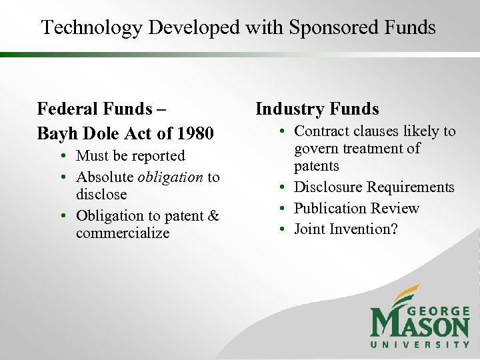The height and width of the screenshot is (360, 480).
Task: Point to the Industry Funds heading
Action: tap(317, 109)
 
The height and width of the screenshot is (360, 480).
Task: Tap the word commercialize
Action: tap(123, 233)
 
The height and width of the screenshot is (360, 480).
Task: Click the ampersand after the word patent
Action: tap(213, 216)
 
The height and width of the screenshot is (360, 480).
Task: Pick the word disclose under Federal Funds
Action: tap(101, 195)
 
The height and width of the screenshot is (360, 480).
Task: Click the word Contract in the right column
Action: tap(321, 131)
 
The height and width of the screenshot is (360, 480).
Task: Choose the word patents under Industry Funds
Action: tap(317, 166)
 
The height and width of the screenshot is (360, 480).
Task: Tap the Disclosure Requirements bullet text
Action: tap(374, 187)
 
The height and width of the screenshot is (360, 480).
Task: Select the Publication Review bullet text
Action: tap(357, 209)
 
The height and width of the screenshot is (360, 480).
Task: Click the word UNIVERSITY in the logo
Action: tap(421, 344)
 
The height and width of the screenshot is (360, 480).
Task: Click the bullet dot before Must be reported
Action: tap(61, 157)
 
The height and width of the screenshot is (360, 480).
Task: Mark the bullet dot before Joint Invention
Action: tap(283, 230)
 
